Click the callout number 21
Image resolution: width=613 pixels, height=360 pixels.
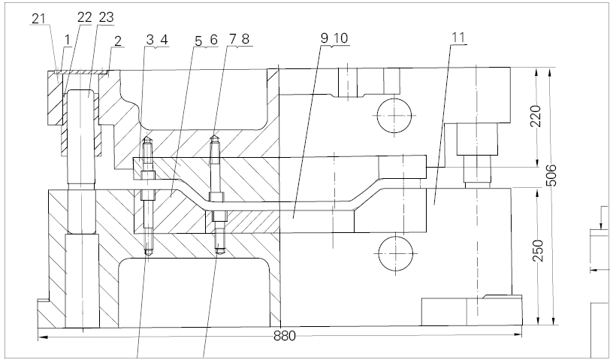point(38,19)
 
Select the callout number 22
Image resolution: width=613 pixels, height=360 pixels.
point(84,17)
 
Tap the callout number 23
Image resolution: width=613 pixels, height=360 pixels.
point(107,17)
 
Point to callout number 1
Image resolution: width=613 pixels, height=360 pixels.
point(68,40)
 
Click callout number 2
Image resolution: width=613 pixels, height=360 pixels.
point(118,41)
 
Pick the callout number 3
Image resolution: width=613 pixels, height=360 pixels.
point(150,40)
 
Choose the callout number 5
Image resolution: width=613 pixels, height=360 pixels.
point(198,41)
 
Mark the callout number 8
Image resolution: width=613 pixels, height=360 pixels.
point(246,39)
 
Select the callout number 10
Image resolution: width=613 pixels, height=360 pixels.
point(340,38)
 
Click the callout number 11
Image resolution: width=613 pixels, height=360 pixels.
point(458,38)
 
